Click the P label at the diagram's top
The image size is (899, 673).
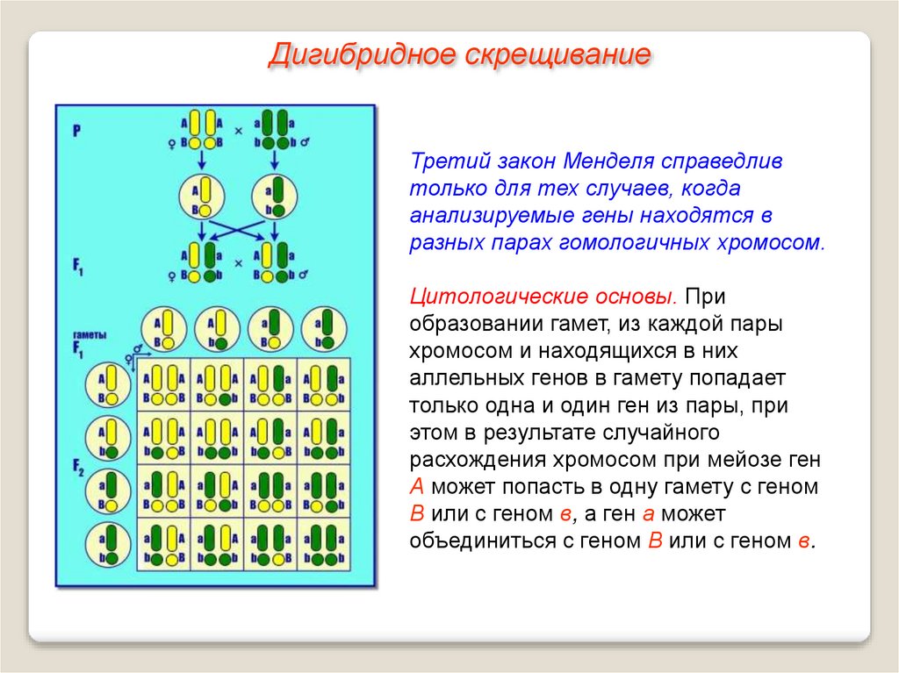pos(77,132)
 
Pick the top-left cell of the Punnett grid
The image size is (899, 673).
pos(164,384)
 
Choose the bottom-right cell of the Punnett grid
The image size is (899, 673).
pos(323,544)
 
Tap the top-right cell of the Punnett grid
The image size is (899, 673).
pos(323,384)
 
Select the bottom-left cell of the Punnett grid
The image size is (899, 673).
pos(164,544)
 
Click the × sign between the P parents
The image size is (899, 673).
pos(238,131)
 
